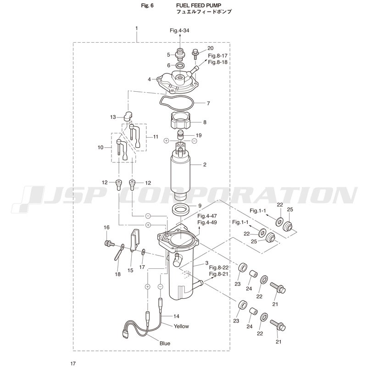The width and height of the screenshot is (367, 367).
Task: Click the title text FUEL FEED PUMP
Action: tap(199, 5)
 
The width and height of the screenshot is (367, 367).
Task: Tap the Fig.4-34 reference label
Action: tap(179, 30)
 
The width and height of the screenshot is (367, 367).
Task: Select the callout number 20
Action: tap(211, 48)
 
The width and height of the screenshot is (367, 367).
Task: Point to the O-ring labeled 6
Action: tap(180, 65)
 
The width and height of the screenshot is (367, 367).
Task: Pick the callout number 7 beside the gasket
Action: tap(208, 103)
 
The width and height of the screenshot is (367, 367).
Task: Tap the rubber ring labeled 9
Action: tap(181, 209)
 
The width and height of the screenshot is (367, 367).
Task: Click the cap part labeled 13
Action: tap(128, 117)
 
